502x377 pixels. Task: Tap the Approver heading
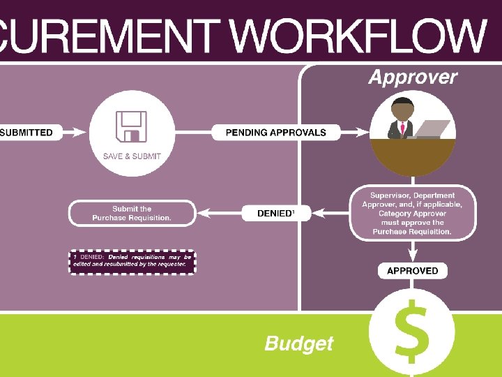click(x=413, y=77)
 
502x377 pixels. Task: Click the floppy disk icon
click(x=132, y=126)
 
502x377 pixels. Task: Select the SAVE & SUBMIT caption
click(x=132, y=156)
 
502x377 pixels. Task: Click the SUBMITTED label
click(x=26, y=132)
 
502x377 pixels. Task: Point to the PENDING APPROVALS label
click(x=275, y=132)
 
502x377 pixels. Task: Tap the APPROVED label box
click(x=412, y=271)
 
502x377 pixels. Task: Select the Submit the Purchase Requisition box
click(x=132, y=214)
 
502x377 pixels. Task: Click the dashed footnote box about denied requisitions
click(x=132, y=262)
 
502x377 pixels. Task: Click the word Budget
click(x=299, y=343)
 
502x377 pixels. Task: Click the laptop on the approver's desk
click(x=433, y=129)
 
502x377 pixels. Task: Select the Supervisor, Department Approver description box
click(x=412, y=213)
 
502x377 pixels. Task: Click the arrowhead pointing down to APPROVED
click(x=412, y=256)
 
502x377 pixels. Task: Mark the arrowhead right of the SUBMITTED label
click(x=76, y=132)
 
